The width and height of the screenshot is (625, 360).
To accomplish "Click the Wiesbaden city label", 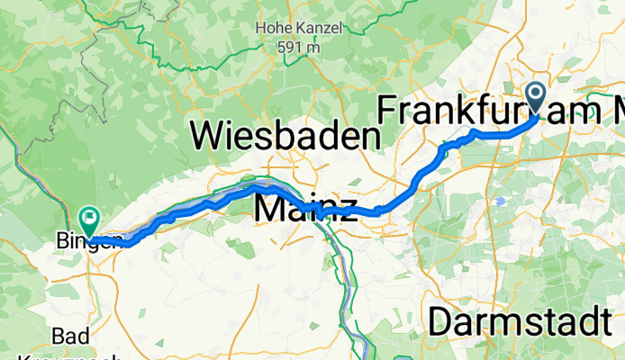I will [x=285, y=137].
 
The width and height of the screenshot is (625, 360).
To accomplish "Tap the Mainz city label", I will [x=300, y=206].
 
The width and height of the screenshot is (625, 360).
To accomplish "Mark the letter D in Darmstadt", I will [x=441, y=321].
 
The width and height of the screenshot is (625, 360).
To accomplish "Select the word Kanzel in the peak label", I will [x=319, y=28].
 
